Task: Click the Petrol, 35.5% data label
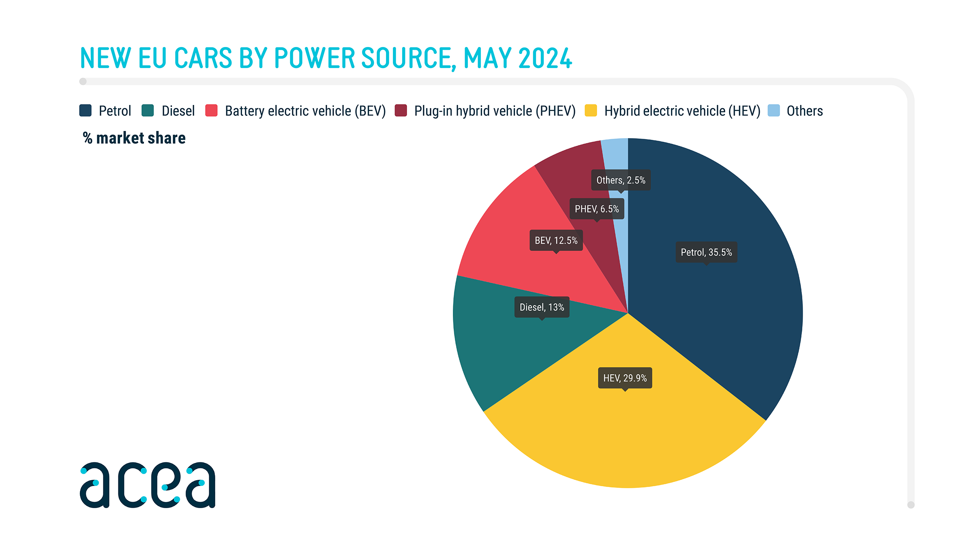tap(706, 252)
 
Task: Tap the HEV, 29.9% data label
tap(625, 378)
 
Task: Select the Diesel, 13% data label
tap(542, 307)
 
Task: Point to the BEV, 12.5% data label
tap(556, 240)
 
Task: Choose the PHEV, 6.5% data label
tap(596, 209)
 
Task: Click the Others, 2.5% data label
tap(621, 180)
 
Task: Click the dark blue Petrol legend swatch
tap(86, 111)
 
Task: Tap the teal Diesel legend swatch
tap(148, 111)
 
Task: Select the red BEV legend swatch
tap(211, 111)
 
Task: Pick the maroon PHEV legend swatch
tap(401, 111)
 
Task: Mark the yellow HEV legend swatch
tap(591, 111)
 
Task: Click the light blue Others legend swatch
tap(774, 111)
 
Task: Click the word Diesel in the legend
tap(178, 111)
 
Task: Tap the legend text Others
tap(804, 111)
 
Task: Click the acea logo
tap(148, 485)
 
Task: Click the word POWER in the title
tap(315, 58)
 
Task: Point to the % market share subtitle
tap(134, 138)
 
